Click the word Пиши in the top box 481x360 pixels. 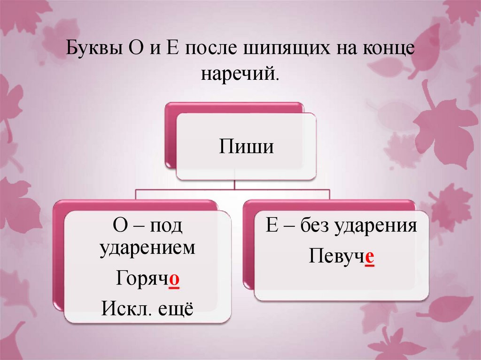pos(246,147)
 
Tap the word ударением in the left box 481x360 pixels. pos(147,248)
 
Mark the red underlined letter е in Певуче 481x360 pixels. pos(369,257)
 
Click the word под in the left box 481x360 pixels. pos(166,226)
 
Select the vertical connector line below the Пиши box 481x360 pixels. pos(235,184)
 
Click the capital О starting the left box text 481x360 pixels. pos(119,226)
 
